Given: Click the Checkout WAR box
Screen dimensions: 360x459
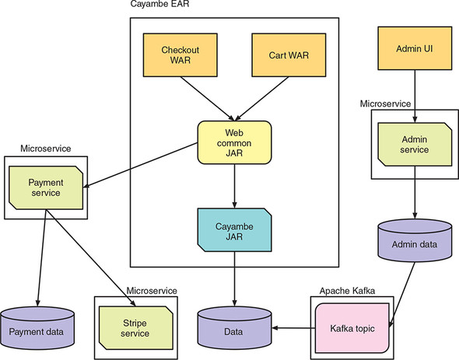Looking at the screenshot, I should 180,55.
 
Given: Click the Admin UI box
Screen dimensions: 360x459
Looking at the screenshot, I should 415,49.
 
